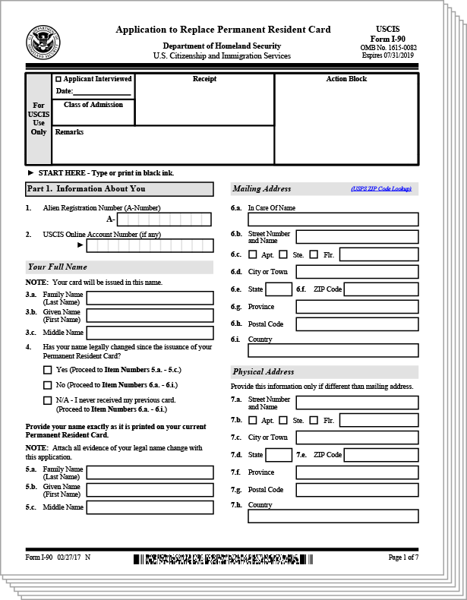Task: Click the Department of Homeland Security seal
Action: point(43,41)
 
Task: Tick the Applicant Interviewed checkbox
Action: point(58,79)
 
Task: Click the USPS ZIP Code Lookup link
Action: point(381,188)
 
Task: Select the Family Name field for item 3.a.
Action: point(150,297)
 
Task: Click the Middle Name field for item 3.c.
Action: point(150,333)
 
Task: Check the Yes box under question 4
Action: point(48,370)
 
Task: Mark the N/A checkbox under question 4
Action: point(48,400)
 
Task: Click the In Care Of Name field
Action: point(333,219)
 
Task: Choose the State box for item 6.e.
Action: point(279,289)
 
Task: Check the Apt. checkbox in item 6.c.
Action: point(253,254)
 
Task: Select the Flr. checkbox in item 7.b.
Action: point(314,420)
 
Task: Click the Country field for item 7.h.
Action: point(333,516)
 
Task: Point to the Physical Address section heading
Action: point(263,372)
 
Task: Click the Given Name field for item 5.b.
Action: point(150,490)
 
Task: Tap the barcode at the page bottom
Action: point(222,560)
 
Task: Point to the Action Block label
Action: point(346,79)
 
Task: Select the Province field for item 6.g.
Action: point(357,307)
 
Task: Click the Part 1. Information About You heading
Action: point(86,189)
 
